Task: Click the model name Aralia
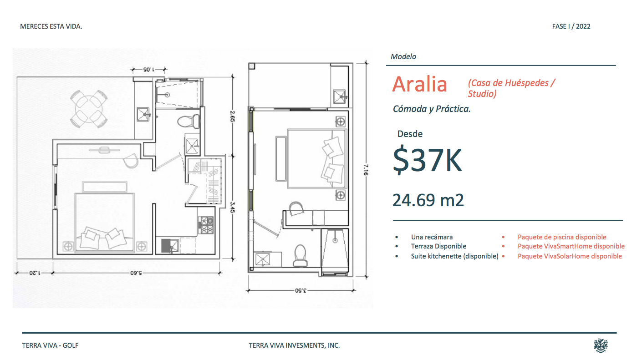pyautogui.click(x=420, y=84)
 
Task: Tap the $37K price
pyautogui.click(x=428, y=160)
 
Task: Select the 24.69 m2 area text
pyautogui.click(x=428, y=200)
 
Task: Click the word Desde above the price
pyautogui.click(x=410, y=134)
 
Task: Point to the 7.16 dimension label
pyautogui.click(x=366, y=170)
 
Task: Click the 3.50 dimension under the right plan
pyautogui.click(x=301, y=290)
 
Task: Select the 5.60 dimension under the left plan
pyautogui.click(x=136, y=273)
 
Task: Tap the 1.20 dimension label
pyautogui.click(x=35, y=273)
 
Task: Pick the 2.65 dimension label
pyautogui.click(x=232, y=116)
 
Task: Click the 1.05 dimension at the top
pyautogui.click(x=148, y=69)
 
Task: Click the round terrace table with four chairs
pyautogui.click(x=89, y=109)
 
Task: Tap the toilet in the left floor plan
pyautogui.click(x=189, y=122)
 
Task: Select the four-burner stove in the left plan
pyautogui.click(x=206, y=225)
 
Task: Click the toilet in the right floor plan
pyautogui.click(x=300, y=255)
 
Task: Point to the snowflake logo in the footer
pyautogui.click(x=601, y=345)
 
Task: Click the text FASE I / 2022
pyautogui.click(x=571, y=26)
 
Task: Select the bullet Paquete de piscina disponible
pyautogui.click(x=562, y=237)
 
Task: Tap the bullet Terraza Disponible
pyautogui.click(x=438, y=246)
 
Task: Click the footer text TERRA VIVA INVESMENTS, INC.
pyautogui.click(x=294, y=345)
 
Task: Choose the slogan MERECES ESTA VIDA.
pyautogui.click(x=51, y=26)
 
